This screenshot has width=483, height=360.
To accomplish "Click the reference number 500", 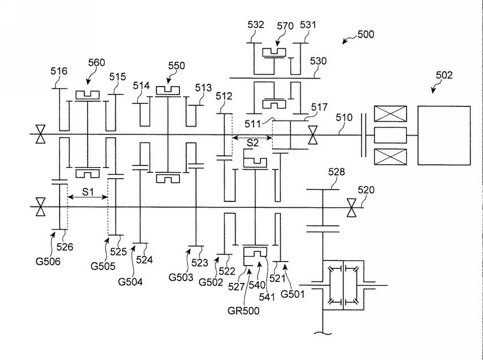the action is (x=365, y=34).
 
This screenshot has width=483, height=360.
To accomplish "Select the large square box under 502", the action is (x=444, y=136).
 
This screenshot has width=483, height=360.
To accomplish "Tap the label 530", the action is (x=318, y=61).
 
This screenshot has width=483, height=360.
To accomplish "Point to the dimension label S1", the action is (x=88, y=192).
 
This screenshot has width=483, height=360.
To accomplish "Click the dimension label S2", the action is (x=252, y=143).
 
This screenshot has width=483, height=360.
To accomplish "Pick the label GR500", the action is (x=243, y=310).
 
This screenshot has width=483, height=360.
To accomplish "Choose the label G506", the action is (x=48, y=262).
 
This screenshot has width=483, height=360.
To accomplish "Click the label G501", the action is (x=292, y=294).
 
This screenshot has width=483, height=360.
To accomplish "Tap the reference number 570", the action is (x=285, y=26).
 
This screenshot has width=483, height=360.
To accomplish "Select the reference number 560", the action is (x=96, y=62).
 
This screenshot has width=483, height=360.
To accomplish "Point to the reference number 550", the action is (x=177, y=66).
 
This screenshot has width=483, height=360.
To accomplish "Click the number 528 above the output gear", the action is (x=336, y=172).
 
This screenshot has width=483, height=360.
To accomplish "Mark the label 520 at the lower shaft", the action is (x=366, y=190).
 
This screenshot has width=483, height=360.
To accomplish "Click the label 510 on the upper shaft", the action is (x=344, y=118).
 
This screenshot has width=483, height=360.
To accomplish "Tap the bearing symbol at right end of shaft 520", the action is (x=351, y=208).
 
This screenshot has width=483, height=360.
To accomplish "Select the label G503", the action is (x=181, y=277).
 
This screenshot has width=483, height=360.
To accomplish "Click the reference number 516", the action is (x=59, y=71).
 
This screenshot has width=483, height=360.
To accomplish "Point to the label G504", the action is (x=130, y=282).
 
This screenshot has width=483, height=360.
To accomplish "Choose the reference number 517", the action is (x=319, y=107).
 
